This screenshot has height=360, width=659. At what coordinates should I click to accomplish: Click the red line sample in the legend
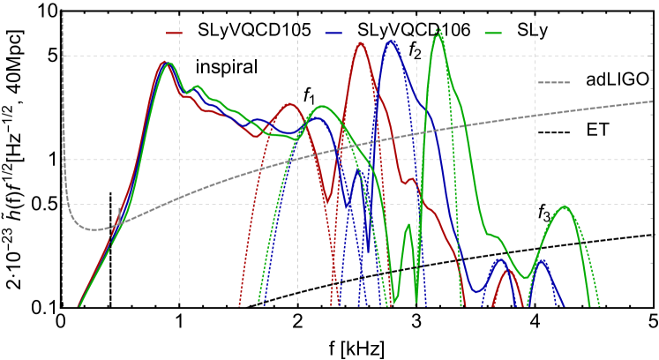click(x=175, y=34)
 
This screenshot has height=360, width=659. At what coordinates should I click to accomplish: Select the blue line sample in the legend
click(x=333, y=34)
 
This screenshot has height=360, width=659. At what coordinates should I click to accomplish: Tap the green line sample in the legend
click(x=493, y=34)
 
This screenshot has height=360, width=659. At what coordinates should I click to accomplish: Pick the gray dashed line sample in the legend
click(x=553, y=83)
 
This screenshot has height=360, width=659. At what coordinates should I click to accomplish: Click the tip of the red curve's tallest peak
click(x=360, y=42)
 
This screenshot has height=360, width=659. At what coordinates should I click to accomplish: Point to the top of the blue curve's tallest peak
click(x=392, y=41)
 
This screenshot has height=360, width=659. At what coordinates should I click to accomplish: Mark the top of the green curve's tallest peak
click(x=438, y=34)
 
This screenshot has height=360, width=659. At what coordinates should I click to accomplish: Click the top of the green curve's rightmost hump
click(x=564, y=206)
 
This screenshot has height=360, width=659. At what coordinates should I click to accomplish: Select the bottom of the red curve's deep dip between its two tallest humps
click(x=326, y=202)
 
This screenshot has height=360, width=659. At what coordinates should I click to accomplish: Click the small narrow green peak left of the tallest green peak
click(x=408, y=225)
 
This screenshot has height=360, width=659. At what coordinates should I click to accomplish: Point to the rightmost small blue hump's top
click(x=542, y=260)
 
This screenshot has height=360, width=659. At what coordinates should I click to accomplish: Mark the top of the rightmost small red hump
click(x=506, y=270)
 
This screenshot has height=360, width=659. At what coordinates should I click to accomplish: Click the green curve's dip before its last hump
click(x=525, y=278)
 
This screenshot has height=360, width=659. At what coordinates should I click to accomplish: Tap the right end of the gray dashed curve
click(x=652, y=101)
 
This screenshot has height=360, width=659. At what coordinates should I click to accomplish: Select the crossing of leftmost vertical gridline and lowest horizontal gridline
click(x=180, y=204)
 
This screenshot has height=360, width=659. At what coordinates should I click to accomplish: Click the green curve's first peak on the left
click(x=169, y=64)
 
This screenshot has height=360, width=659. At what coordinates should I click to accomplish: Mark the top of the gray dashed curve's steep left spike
click(x=63, y=12)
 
